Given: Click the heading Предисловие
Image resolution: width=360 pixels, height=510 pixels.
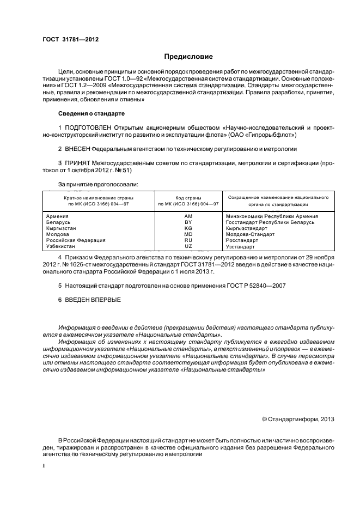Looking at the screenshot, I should pyautogui.click(x=188, y=57).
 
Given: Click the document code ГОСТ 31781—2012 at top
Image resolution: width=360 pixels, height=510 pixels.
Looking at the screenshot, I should pyautogui.click(x=70, y=39).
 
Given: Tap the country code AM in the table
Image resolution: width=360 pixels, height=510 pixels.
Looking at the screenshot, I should pyautogui.click(x=188, y=216).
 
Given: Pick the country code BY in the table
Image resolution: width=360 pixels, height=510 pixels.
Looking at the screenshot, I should pyautogui.click(x=188, y=222).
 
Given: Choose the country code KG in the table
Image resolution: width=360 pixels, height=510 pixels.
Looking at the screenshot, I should pyautogui.click(x=188, y=228).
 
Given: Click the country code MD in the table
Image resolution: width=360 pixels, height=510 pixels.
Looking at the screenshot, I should pyautogui.click(x=188, y=234).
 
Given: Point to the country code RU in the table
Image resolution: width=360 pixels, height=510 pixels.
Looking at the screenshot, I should pyautogui.click(x=188, y=240).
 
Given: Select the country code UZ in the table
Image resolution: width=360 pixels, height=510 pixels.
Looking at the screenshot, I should pyautogui.click(x=188, y=246).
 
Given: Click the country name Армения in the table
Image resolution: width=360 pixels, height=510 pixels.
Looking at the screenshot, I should pyautogui.click(x=58, y=216).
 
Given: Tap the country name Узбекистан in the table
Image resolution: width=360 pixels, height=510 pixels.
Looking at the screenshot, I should pyautogui.click(x=62, y=246).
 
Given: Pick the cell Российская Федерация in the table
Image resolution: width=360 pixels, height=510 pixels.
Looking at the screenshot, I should pyautogui.click(x=76, y=240).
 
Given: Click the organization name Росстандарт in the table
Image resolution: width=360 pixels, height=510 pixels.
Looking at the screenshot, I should pyautogui.click(x=242, y=240).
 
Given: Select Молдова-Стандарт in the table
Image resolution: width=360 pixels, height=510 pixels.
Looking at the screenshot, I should pyautogui.click(x=250, y=234).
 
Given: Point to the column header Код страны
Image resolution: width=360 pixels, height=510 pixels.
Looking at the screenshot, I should pyautogui.click(x=188, y=197).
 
